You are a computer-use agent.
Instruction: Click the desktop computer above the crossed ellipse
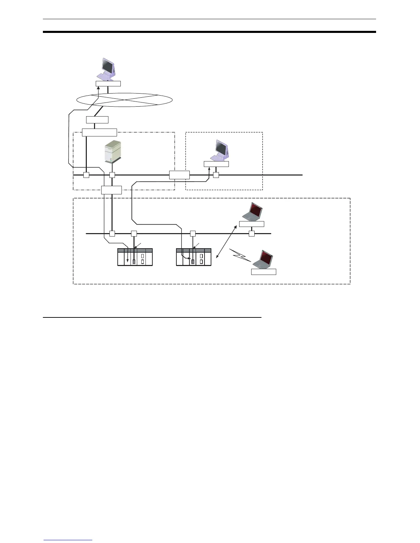107,69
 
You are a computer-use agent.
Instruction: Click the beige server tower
113,153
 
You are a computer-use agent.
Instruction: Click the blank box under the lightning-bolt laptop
264,272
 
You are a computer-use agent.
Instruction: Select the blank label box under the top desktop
108,83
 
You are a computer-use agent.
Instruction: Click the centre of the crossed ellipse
124,100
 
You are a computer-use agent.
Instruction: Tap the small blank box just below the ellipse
97,120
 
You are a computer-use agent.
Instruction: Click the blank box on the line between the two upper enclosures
179,175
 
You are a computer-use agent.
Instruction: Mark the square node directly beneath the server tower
112,175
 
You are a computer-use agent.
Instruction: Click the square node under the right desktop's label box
216,175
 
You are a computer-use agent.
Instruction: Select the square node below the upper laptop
252,234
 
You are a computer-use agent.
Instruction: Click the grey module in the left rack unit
134,262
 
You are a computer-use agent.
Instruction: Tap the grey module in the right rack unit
193,262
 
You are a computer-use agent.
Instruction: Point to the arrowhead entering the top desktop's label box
98,88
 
